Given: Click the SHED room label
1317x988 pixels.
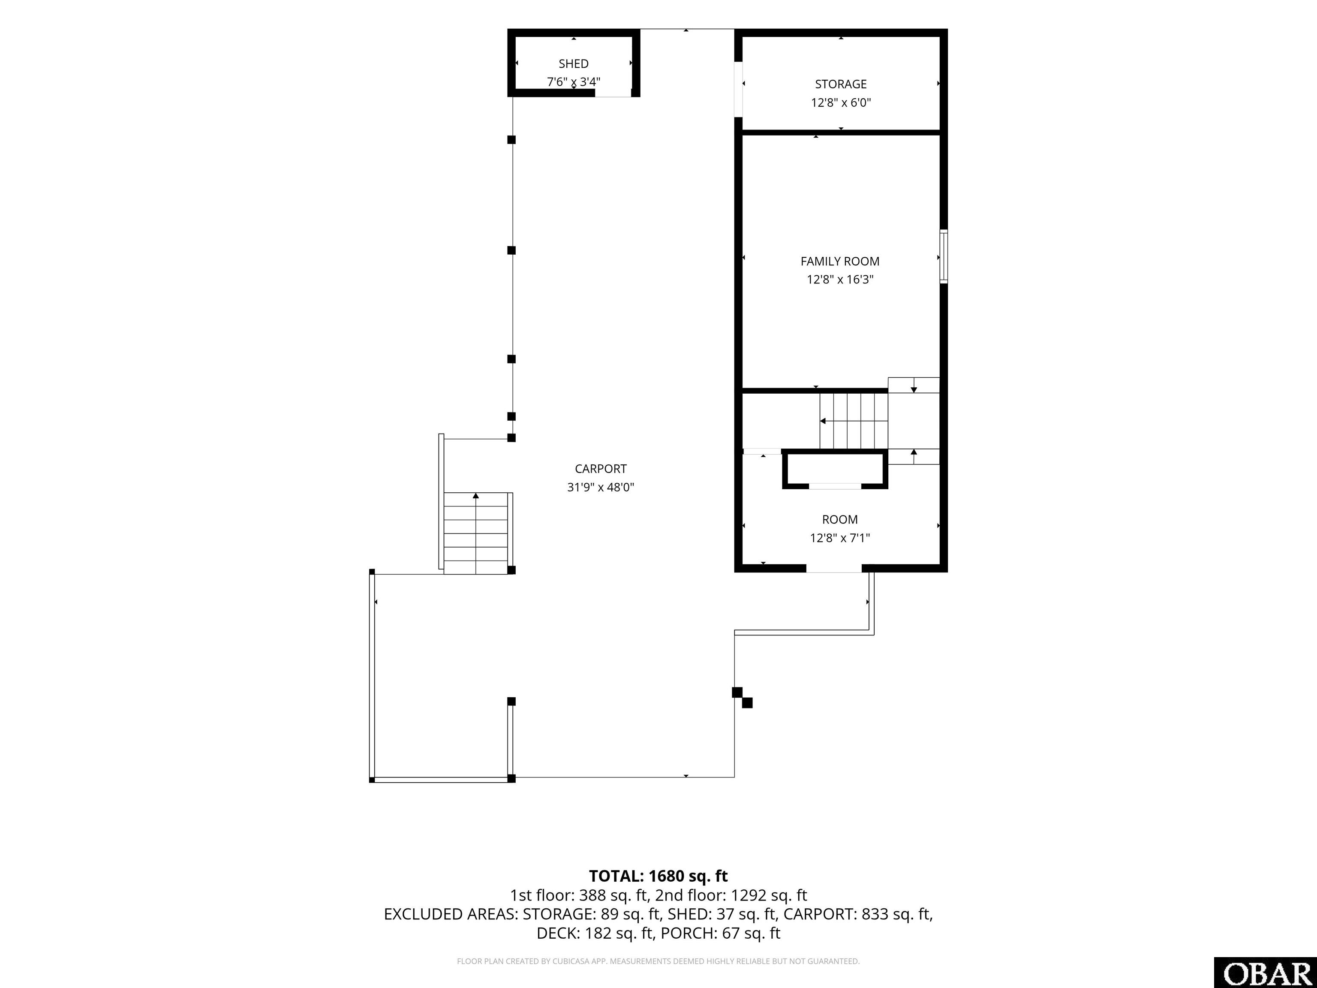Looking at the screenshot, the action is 573,64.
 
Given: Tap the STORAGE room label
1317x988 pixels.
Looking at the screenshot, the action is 841,84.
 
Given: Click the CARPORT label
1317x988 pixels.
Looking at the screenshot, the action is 601,469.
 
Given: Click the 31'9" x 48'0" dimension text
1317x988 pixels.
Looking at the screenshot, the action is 601,487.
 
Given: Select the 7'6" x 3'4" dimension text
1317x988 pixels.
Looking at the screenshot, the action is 573,81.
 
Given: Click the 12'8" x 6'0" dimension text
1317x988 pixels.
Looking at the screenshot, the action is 841,102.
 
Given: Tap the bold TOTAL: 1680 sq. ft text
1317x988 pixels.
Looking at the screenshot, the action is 658,876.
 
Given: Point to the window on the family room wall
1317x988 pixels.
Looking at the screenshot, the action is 944,256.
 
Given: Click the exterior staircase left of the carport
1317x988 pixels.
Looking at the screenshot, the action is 476,533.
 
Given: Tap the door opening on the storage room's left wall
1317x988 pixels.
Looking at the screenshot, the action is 738,89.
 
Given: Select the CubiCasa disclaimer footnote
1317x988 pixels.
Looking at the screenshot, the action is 658,961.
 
